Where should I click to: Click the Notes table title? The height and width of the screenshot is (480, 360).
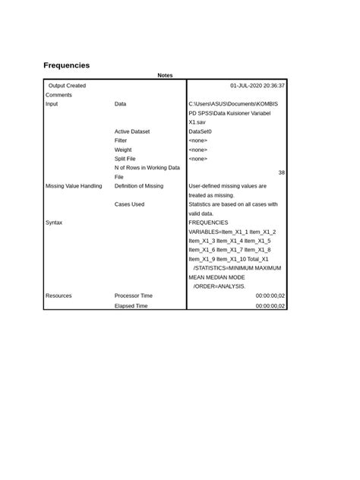(x=165, y=75)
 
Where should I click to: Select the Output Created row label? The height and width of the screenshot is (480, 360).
(x=67, y=86)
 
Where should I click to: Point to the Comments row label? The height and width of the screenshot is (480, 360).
(x=58, y=95)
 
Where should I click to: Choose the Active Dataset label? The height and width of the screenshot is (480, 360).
(x=132, y=131)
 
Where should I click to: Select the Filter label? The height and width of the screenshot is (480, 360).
(x=121, y=141)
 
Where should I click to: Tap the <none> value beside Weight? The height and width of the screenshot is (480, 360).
(x=197, y=150)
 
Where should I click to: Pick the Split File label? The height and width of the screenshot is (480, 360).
(x=125, y=159)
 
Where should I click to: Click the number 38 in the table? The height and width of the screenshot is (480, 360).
(x=281, y=172)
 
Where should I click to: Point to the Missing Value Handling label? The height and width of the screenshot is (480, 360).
(x=73, y=186)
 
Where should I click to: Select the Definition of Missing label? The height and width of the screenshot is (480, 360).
(x=138, y=186)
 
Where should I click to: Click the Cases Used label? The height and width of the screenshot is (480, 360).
(x=129, y=204)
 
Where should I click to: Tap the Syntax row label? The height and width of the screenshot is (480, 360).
(x=54, y=223)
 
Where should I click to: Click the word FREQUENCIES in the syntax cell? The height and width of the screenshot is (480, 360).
(x=213, y=223)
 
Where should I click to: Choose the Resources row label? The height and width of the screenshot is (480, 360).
(x=58, y=295)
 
